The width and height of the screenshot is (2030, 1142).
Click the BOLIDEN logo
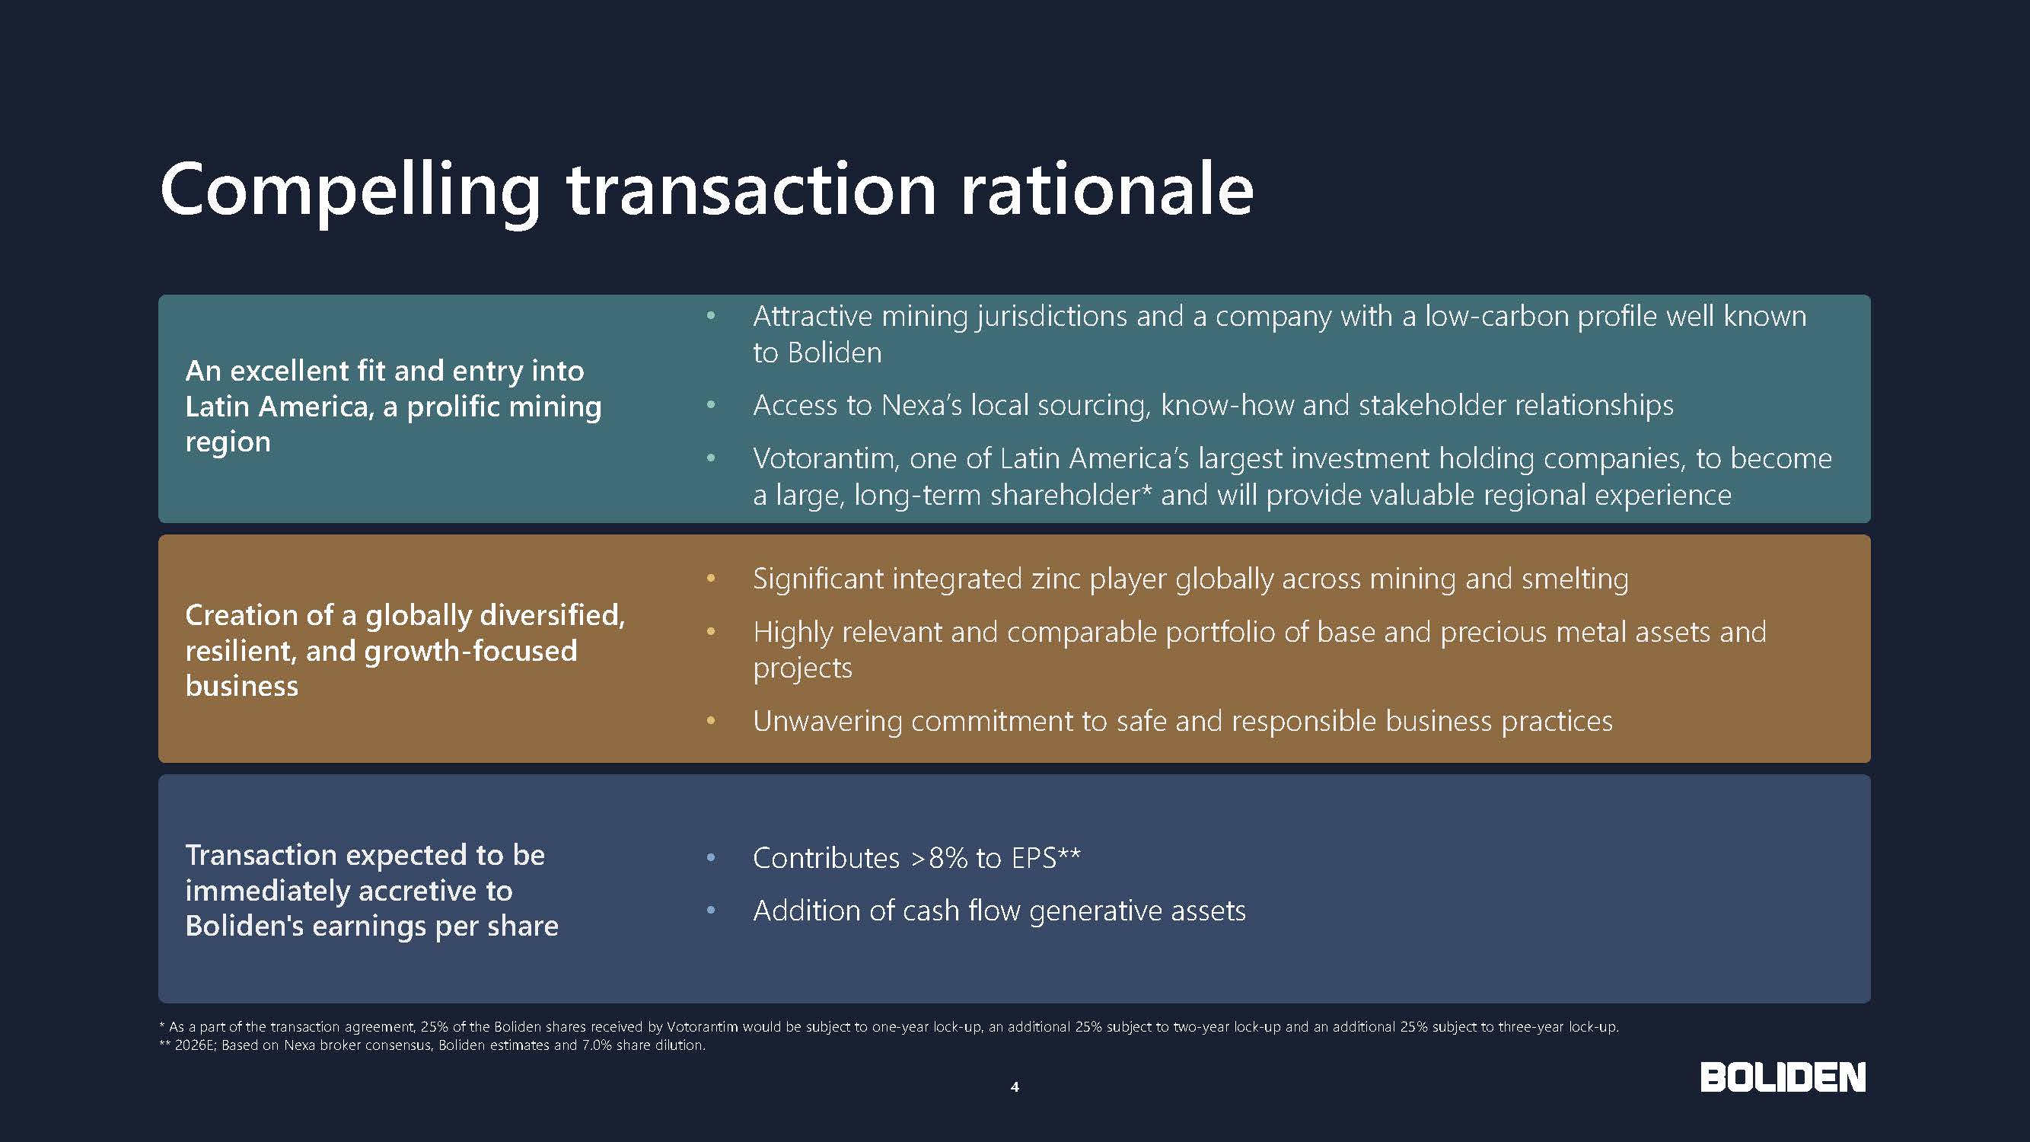point(1783,1077)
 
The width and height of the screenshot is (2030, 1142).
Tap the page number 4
point(1015,1087)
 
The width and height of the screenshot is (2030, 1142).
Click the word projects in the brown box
point(802,669)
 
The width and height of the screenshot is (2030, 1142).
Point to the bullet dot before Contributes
point(711,858)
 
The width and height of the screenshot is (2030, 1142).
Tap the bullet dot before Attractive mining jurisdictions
point(711,316)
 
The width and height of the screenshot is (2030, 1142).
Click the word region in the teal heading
point(228,443)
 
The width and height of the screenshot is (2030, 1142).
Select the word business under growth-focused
point(242,687)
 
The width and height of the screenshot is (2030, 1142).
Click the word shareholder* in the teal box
point(1071,495)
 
